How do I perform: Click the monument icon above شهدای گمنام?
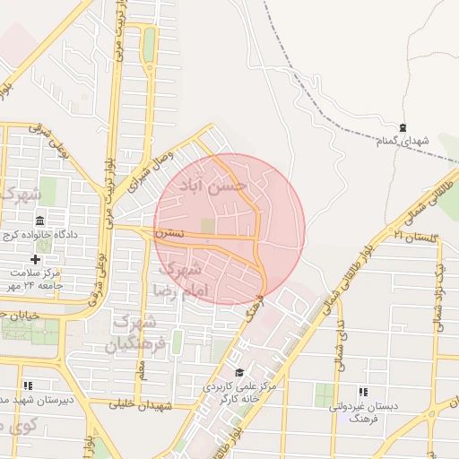pyautogui.click(x=403, y=128)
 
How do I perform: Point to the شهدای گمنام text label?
pyautogui.click(x=403, y=142)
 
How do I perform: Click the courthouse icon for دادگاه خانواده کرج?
pyautogui.click(x=39, y=221)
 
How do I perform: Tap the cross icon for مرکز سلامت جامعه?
pyautogui.click(x=35, y=259)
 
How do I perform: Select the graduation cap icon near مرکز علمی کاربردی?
pyautogui.click(x=238, y=372)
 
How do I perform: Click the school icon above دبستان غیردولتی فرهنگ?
pyautogui.click(x=363, y=392)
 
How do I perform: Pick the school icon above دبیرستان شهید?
pyautogui.click(x=28, y=385)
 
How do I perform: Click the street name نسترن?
pyautogui.click(x=169, y=233)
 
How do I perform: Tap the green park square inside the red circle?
pyautogui.click(x=208, y=226)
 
